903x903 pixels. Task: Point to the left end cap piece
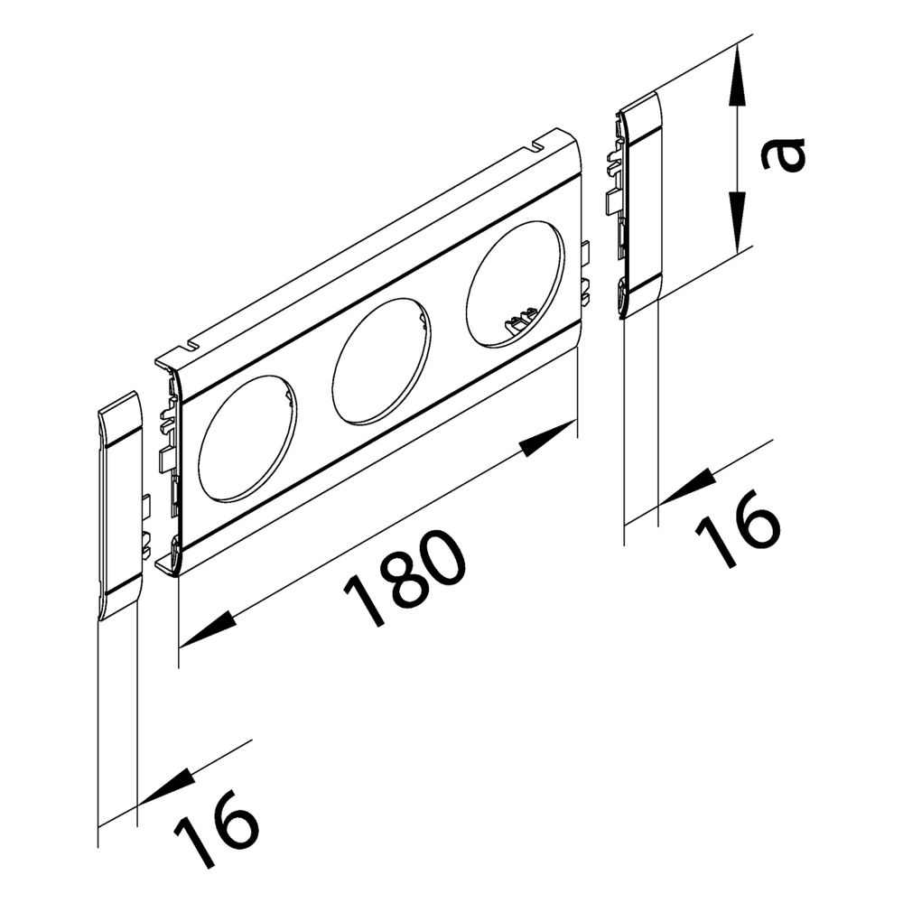pyautogui.click(x=120, y=506)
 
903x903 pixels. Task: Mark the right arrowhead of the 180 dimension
pyautogui.click(x=546, y=437)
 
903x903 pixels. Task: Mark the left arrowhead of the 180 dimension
pyautogui.click(x=209, y=628)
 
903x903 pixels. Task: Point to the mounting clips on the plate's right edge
pyautogui.click(x=584, y=271)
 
